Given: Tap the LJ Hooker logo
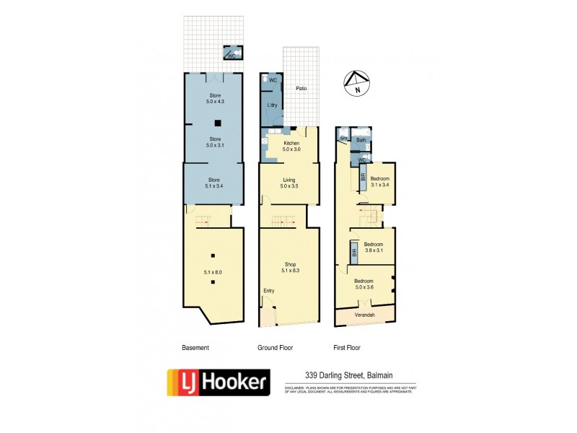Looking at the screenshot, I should point(218,382).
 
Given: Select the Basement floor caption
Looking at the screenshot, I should point(195,348).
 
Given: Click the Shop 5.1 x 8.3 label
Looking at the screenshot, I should point(290,267).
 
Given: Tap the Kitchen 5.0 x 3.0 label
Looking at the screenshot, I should point(291,146).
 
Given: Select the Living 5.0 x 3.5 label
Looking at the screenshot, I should point(289,183).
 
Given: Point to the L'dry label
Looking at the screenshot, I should point(273,105).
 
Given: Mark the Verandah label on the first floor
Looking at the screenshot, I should point(364,315).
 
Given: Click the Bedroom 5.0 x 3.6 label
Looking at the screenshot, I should point(364,284).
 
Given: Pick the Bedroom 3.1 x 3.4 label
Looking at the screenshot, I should point(380,182).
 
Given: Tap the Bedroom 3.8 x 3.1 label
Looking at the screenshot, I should point(373,248).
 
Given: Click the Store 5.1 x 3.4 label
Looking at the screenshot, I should point(215,183).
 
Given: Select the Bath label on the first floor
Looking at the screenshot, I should point(361,140).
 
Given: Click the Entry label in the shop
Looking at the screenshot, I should point(268,291).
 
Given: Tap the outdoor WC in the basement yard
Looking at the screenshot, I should point(232,54).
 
